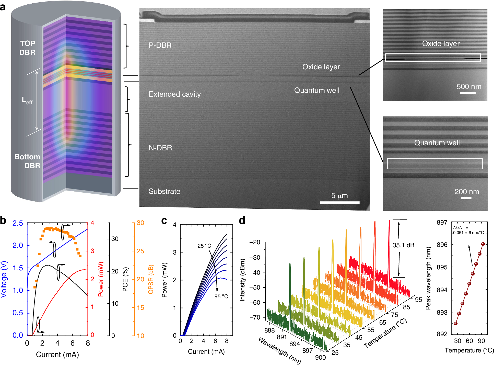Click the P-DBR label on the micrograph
(x=160, y=45)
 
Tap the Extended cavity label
(x=175, y=94)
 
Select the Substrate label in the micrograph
(x=164, y=191)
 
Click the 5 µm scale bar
(x=339, y=202)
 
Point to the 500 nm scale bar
(x=468, y=93)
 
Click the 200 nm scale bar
(x=466, y=198)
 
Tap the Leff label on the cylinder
(x=27, y=100)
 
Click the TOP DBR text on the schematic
(x=27, y=48)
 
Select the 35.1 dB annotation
(x=403, y=245)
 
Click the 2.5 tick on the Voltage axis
(x=18, y=223)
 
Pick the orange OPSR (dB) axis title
(x=151, y=279)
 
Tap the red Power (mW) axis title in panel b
(x=101, y=279)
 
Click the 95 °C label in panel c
(x=221, y=296)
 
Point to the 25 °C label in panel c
(x=204, y=246)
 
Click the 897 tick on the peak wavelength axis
(x=442, y=223)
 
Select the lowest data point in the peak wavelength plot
(x=455, y=324)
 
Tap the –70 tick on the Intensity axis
(x=255, y=317)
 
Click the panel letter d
(x=242, y=220)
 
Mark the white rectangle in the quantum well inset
(x=434, y=164)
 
